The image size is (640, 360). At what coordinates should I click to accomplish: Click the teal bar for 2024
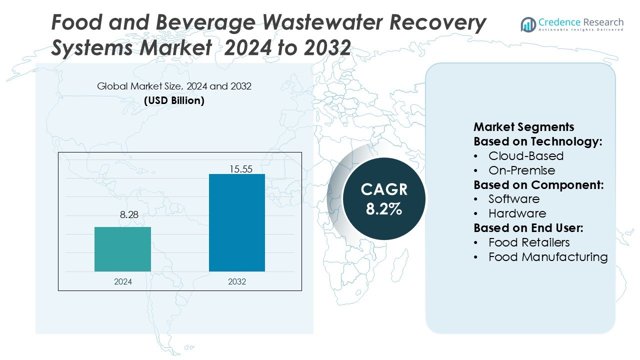click(x=122, y=249)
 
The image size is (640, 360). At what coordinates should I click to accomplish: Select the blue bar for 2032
click(x=236, y=222)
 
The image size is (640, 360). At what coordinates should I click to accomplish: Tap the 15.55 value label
click(x=240, y=169)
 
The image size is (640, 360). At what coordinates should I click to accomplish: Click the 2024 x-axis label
click(x=123, y=281)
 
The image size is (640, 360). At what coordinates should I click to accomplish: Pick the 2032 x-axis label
click(x=237, y=281)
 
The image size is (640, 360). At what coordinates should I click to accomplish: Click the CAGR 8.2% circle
click(x=384, y=199)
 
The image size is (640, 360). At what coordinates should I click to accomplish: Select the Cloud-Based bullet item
click(x=525, y=155)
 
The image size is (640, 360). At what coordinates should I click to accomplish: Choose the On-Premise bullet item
click(x=521, y=170)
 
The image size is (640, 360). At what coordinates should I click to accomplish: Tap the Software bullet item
click(x=514, y=199)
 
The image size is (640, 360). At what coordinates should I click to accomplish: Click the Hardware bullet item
click(x=517, y=213)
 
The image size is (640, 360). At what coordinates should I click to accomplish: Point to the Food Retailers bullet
click(x=529, y=242)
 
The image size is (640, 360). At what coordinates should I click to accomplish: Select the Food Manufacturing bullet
click(x=548, y=257)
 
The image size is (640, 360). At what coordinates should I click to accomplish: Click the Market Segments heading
click(x=523, y=126)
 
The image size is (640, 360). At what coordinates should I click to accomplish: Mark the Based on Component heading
click(x=538, y=184)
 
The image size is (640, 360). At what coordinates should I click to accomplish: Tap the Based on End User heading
click(x=528, y=228)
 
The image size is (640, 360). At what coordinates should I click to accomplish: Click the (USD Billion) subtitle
click(x=174, y=100)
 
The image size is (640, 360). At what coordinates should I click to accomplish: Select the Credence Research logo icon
click(x=528, y=24)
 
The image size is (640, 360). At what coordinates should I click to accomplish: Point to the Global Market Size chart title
click(x=174, y=86)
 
